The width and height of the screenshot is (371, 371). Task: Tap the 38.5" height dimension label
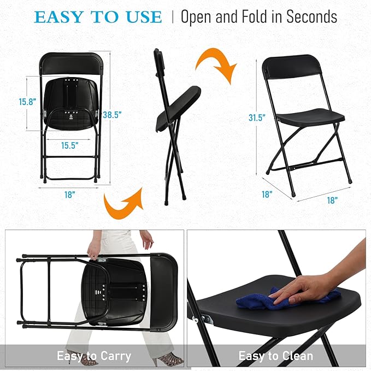111,115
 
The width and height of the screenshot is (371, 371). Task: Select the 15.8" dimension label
27,102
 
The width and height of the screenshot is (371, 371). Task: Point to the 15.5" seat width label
70,145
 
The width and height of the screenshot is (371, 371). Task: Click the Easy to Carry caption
94,356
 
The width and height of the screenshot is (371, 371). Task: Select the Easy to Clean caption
276,356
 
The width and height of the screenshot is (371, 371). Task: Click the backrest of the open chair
290,68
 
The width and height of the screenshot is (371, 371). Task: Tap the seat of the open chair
310,116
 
